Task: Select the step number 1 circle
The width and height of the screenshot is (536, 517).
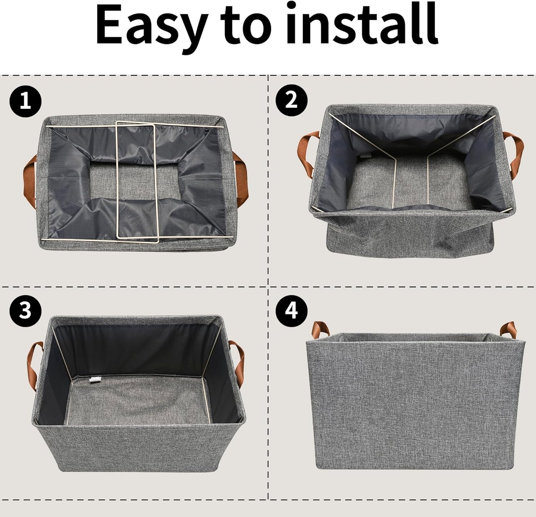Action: point(25,101)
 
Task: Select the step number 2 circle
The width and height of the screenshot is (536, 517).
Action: point(292,100)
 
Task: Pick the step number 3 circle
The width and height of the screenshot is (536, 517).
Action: point(25,309)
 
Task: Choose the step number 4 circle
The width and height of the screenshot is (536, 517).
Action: point(292,309)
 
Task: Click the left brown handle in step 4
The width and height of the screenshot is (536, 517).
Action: point(320,330)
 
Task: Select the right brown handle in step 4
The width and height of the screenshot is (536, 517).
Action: point(507,329)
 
